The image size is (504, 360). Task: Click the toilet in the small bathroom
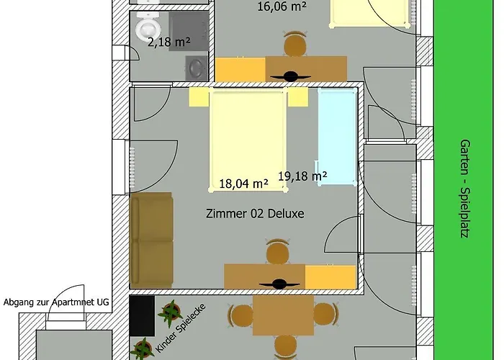(x=148, y=27)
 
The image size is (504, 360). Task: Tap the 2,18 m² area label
(x=168, y=42)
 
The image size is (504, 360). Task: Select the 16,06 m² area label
(x=282, y=6)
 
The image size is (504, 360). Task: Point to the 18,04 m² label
(x=243, y=184)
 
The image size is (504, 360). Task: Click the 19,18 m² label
(x=302, y=176)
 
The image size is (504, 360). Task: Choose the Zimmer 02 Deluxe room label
(x=255, y=213)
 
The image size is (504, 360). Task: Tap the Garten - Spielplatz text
(x=464, y=189)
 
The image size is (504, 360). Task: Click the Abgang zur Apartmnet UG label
(x=56, y=302)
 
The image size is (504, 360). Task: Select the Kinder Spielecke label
(x=180, y=328)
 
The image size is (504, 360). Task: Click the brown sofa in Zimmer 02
(x=151, y=240)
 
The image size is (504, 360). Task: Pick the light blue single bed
(x=338, y=137)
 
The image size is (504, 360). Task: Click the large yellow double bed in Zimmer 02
(x=248, y=141)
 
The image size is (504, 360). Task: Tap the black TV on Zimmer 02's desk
(x=279, y=284)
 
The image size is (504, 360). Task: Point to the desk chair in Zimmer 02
(x=278, y=251)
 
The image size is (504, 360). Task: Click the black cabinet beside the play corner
(x=142, y=316)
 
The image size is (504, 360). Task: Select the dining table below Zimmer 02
(x=283, y=315)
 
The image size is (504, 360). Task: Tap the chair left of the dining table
(x=240, y=315)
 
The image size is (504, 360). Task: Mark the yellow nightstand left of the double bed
(x=199, y=96)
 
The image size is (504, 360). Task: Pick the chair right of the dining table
(x=326, y=315)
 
